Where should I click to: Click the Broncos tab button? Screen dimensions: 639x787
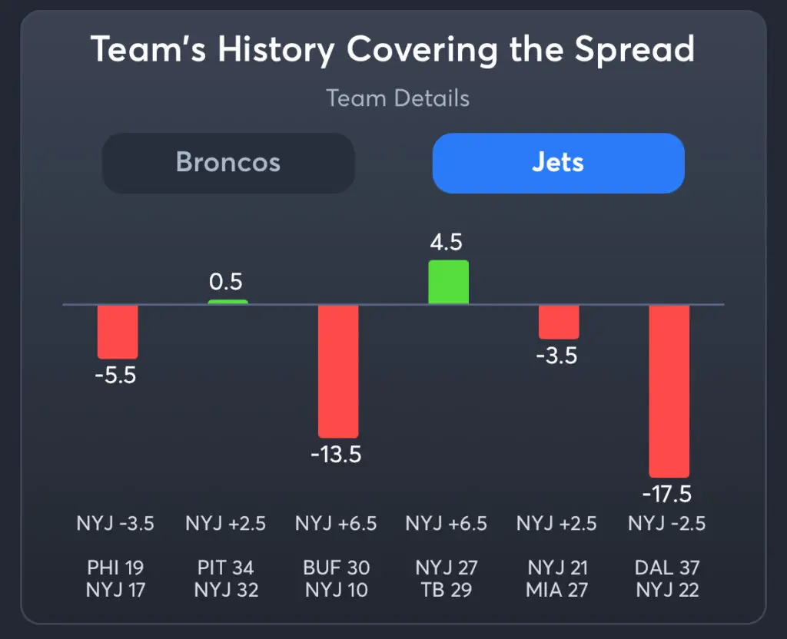(228, 163)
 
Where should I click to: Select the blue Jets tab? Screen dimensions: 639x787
(558, 163)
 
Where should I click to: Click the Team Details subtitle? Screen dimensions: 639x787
(397, 98)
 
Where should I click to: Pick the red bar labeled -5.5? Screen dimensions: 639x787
(118, 331)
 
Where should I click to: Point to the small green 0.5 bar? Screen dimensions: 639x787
(227, 302)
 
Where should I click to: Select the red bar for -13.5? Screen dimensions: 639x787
(338, 371)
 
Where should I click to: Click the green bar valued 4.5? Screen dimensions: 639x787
(448, 282)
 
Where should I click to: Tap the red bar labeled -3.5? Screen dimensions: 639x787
(559, 322)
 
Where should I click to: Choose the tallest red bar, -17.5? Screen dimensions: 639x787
(669, 391)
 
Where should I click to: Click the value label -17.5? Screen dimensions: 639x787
(669, 492)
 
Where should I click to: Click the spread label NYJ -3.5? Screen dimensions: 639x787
(115, 524)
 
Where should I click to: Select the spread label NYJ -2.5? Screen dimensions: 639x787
(667, 524)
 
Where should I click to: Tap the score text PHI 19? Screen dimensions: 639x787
(115, 568)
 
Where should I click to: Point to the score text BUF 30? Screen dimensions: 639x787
(337, 568)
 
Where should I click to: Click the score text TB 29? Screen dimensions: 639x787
(447, 591)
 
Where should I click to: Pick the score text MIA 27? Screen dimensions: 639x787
(557, 591)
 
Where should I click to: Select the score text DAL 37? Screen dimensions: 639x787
(667, 568)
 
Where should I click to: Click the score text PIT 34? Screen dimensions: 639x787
(226, 568)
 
